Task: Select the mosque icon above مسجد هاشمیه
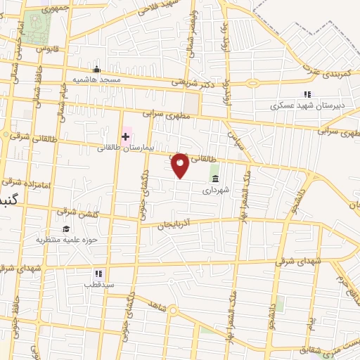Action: [x=97, y=70]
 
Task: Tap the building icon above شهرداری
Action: [x=214, y=179]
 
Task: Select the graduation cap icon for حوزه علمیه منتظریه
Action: [x=65, y=229]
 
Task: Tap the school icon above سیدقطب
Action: [x=98, y=274]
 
